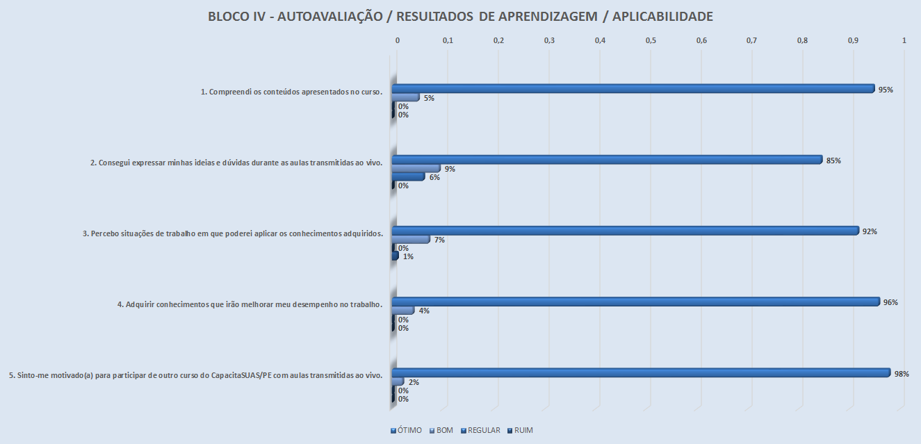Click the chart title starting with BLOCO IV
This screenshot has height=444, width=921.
[460, 17]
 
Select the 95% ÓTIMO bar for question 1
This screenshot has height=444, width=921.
[633, 89]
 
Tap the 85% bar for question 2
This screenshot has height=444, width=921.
[607, 160]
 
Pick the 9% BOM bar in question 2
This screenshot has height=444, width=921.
[416, 168]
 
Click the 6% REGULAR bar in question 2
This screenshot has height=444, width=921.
[408, 176]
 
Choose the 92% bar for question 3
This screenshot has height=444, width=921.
[625, 231]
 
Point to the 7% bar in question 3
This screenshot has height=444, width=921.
[411, 239]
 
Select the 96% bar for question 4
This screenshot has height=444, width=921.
[635, 302]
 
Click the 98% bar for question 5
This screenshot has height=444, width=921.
[640, 373]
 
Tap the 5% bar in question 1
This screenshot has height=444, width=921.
[406, 97]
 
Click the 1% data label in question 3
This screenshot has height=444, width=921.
[409, 256]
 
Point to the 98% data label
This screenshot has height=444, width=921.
[902, 374]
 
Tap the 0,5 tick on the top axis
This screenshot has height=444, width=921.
[651, 41]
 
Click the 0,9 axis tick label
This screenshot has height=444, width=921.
[853, 41]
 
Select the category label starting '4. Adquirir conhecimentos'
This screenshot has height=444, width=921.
[250, 304]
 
